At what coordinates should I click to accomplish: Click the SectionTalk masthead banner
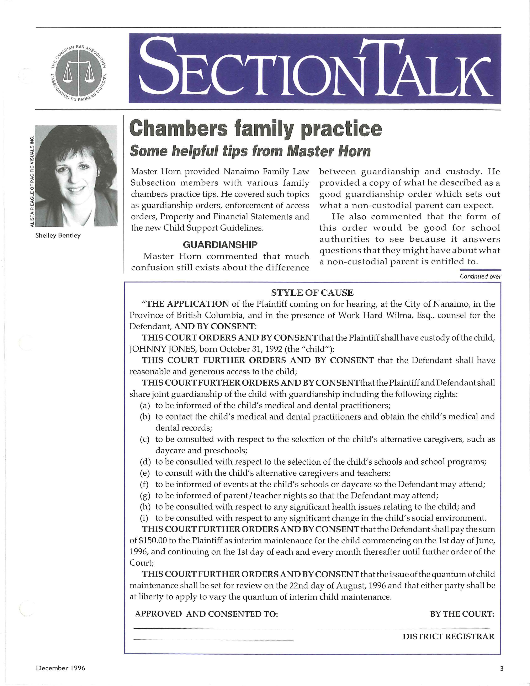[315, 68]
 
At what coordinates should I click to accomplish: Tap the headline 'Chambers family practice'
[256, 129]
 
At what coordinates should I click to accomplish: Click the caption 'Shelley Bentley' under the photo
[58, 235]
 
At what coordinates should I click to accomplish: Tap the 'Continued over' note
[480, 276]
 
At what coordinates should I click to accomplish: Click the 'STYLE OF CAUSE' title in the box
[312, 293]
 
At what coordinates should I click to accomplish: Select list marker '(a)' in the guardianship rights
[145, 406]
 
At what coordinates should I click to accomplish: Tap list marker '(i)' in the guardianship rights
[144, 518]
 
